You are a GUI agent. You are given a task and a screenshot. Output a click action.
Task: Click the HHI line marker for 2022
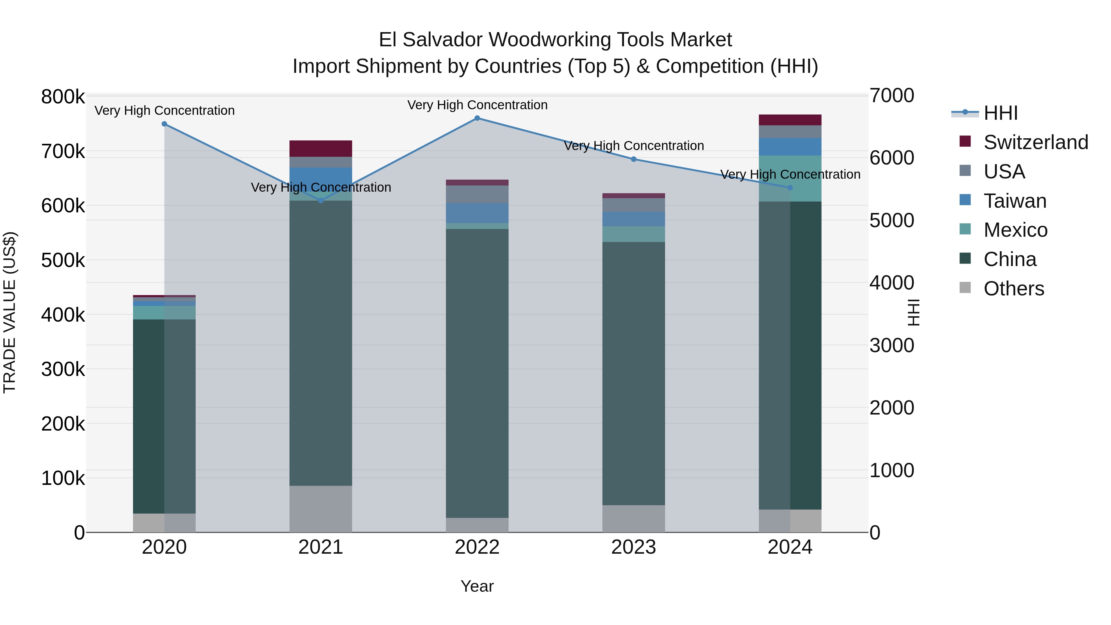pyautogui.click(x=477, y=118)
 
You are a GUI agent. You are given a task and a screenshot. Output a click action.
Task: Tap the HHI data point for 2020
pyautogui.click(x=164, y=124)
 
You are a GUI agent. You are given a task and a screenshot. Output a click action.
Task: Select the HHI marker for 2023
pyautogui.click(x=634, y=159)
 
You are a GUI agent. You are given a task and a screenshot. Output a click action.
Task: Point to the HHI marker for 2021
pyautogui.click(x=320, y=201)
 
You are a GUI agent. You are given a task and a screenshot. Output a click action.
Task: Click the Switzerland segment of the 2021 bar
pyautogui.click(x=320, y=149)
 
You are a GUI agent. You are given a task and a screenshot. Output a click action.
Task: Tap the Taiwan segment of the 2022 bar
pyautogui.click(x=477, y=213)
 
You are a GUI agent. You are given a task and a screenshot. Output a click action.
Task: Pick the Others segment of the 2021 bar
pyautogui.click(x=320, y=509)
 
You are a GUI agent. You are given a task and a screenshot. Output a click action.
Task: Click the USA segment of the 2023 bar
pyautogui.click(x=634, y=205)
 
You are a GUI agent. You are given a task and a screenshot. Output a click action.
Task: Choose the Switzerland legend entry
pyautogui.click(x=1035, y=142)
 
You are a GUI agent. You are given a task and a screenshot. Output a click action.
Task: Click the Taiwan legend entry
pyautogui.click(x=1014, y=201)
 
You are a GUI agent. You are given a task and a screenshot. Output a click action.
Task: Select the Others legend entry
pyautogui.click(x=1013, y=289)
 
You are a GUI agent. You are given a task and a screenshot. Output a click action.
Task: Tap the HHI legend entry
pyautogui.click(x=1000, y=113)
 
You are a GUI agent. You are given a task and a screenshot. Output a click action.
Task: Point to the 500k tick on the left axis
pyautogui.click(x=63, y=260)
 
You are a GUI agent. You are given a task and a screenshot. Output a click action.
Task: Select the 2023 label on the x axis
pyautogui.click(x=634, y=547)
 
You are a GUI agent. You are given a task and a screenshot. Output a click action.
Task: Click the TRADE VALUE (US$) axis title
pyautogui.click(x=10, y=312)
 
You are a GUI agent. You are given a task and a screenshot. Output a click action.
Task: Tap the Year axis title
pyautogui.click(x=477, y=586)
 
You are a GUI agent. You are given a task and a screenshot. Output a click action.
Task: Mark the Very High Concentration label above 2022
pyautogui.click(x=477, y=105)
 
